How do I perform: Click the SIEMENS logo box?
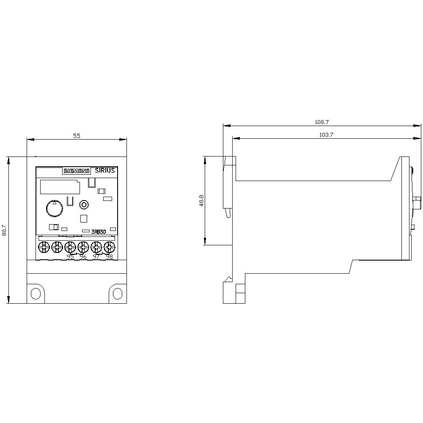click(x=77, y=171)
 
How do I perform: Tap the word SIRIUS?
click(x=104, y=170)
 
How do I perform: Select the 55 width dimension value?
click(x=77, y=136)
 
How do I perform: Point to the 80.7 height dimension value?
click(x=5, y=230)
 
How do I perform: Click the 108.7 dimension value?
click(x=321, y=122)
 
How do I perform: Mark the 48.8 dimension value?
click(x=202, y=201)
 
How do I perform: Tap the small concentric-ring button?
click(x=84, y=205)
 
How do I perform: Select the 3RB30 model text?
click(x=98, y=231)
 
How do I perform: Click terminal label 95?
click(x=70, y=257)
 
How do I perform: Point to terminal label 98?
click(x=109, y=257)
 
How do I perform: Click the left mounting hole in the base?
click(x=37, y=293)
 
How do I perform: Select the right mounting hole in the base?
click(x=117, y=293)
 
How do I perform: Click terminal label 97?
click(x=96, y=257)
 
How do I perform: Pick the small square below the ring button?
click(x=84, y=219)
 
